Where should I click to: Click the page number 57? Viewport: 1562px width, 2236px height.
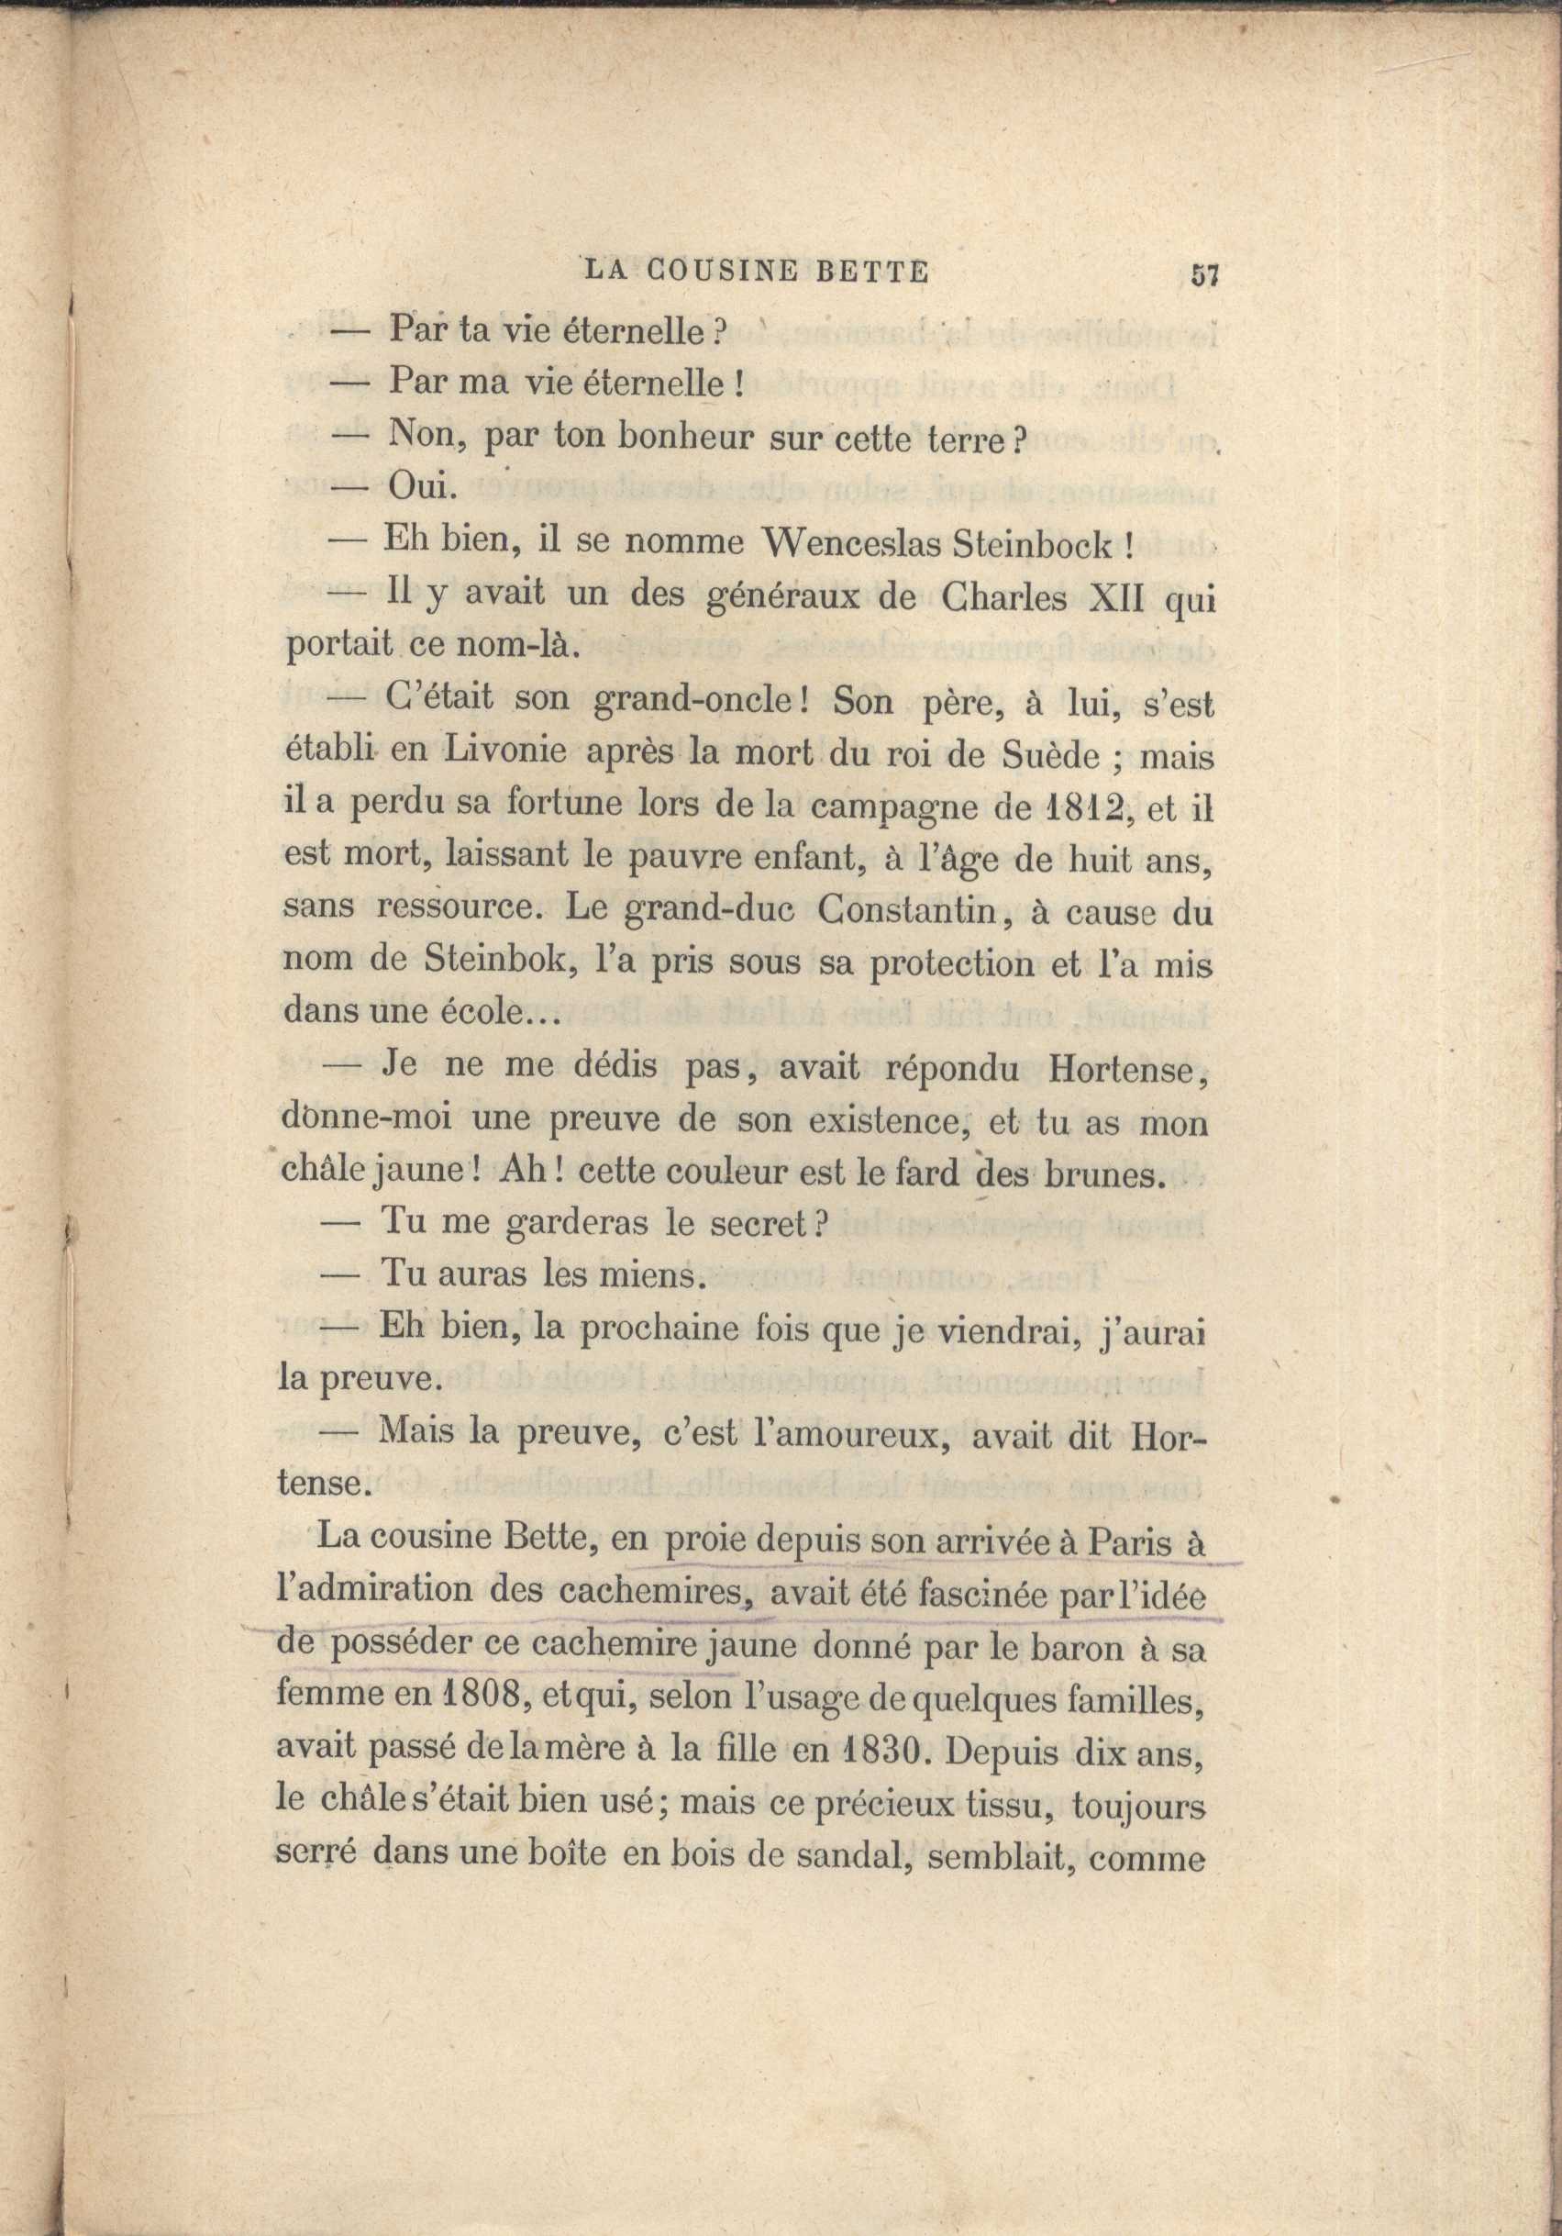point(1204,275)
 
